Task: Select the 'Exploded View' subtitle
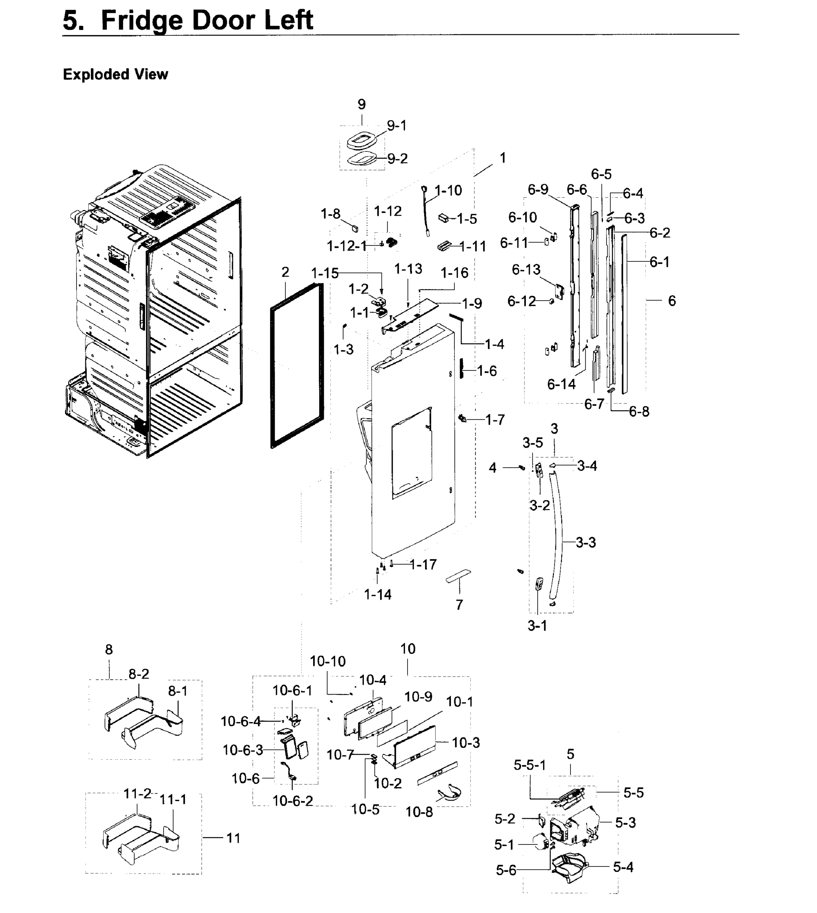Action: [115, 74]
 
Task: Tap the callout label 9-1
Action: [397, 126]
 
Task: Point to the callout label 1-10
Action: [448, 191]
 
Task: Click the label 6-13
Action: [526, 270]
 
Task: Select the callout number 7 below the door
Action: [459, 605]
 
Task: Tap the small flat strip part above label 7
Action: [458, 576]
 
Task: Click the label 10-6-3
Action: [243, 750]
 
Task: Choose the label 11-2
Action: [137, 794]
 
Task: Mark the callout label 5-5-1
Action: [530, 765]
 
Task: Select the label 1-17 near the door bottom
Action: [423, 565]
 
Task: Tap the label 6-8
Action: [639, 411]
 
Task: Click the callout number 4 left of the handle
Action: [492, 468]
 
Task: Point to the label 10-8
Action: [419, 812]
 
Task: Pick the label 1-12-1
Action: [347, 246]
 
